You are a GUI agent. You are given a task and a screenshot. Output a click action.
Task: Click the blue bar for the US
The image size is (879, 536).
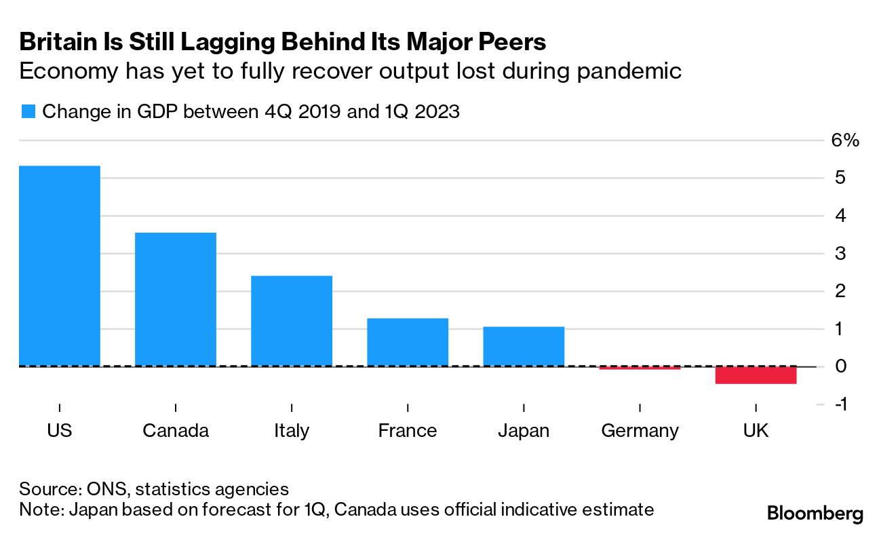(60, 266)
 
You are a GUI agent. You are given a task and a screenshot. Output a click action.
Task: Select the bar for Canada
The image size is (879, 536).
(176, 299)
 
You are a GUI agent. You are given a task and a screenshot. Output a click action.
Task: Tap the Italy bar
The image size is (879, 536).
(292, 321)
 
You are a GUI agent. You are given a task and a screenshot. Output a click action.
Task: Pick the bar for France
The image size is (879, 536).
(408, 342)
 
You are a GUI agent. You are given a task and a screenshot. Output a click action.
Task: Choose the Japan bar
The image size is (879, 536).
(524, 346)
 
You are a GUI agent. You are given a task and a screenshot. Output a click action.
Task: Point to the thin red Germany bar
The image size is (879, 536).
(640, 368)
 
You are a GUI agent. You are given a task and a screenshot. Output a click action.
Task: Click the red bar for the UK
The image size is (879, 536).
(756, 375)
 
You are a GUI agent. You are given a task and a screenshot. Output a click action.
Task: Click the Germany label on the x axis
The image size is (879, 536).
(640, 431)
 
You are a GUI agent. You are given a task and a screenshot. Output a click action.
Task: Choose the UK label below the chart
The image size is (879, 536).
(756, 431)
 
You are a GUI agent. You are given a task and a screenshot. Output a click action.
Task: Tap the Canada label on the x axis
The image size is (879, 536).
(176, 431)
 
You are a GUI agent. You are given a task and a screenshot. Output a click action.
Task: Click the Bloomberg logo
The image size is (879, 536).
(815, 514)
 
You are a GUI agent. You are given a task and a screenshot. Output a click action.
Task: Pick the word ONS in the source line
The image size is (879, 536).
(102, 489)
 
